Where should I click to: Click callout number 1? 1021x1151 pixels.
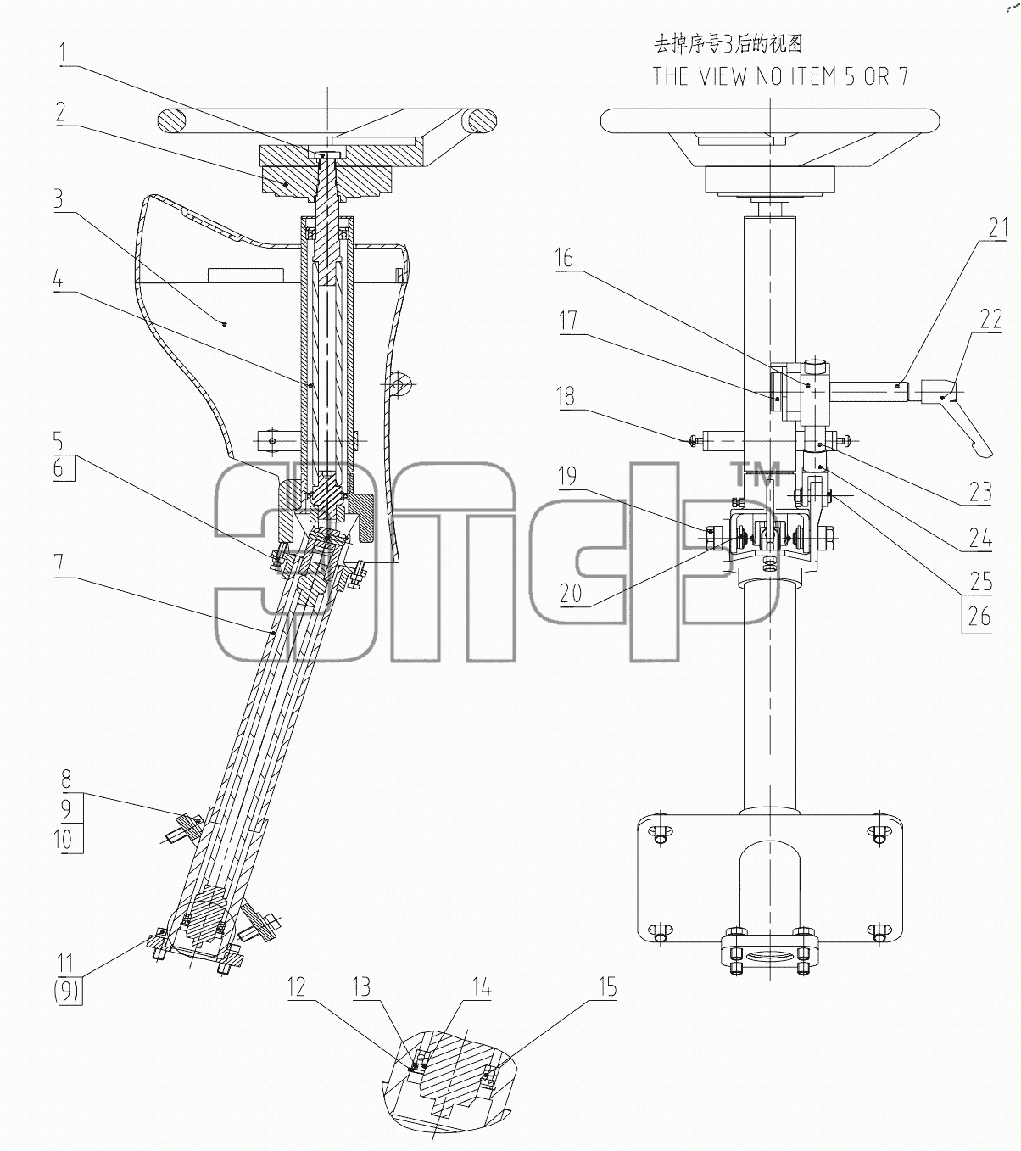63,53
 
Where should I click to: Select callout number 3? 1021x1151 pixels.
59,199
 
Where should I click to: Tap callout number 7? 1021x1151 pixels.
59,565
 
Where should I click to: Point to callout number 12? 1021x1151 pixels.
297,987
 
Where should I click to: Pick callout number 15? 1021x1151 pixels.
607,987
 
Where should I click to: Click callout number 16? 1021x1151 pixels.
564,258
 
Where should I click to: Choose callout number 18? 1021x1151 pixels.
566,397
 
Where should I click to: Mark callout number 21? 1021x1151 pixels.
998,227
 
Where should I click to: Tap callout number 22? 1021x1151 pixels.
990,319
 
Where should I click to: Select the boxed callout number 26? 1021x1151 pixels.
979,617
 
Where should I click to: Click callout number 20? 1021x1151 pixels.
571,594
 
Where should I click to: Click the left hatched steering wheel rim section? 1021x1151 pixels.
171,121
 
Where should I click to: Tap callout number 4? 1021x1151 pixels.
58,281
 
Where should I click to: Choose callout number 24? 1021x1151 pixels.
980,538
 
